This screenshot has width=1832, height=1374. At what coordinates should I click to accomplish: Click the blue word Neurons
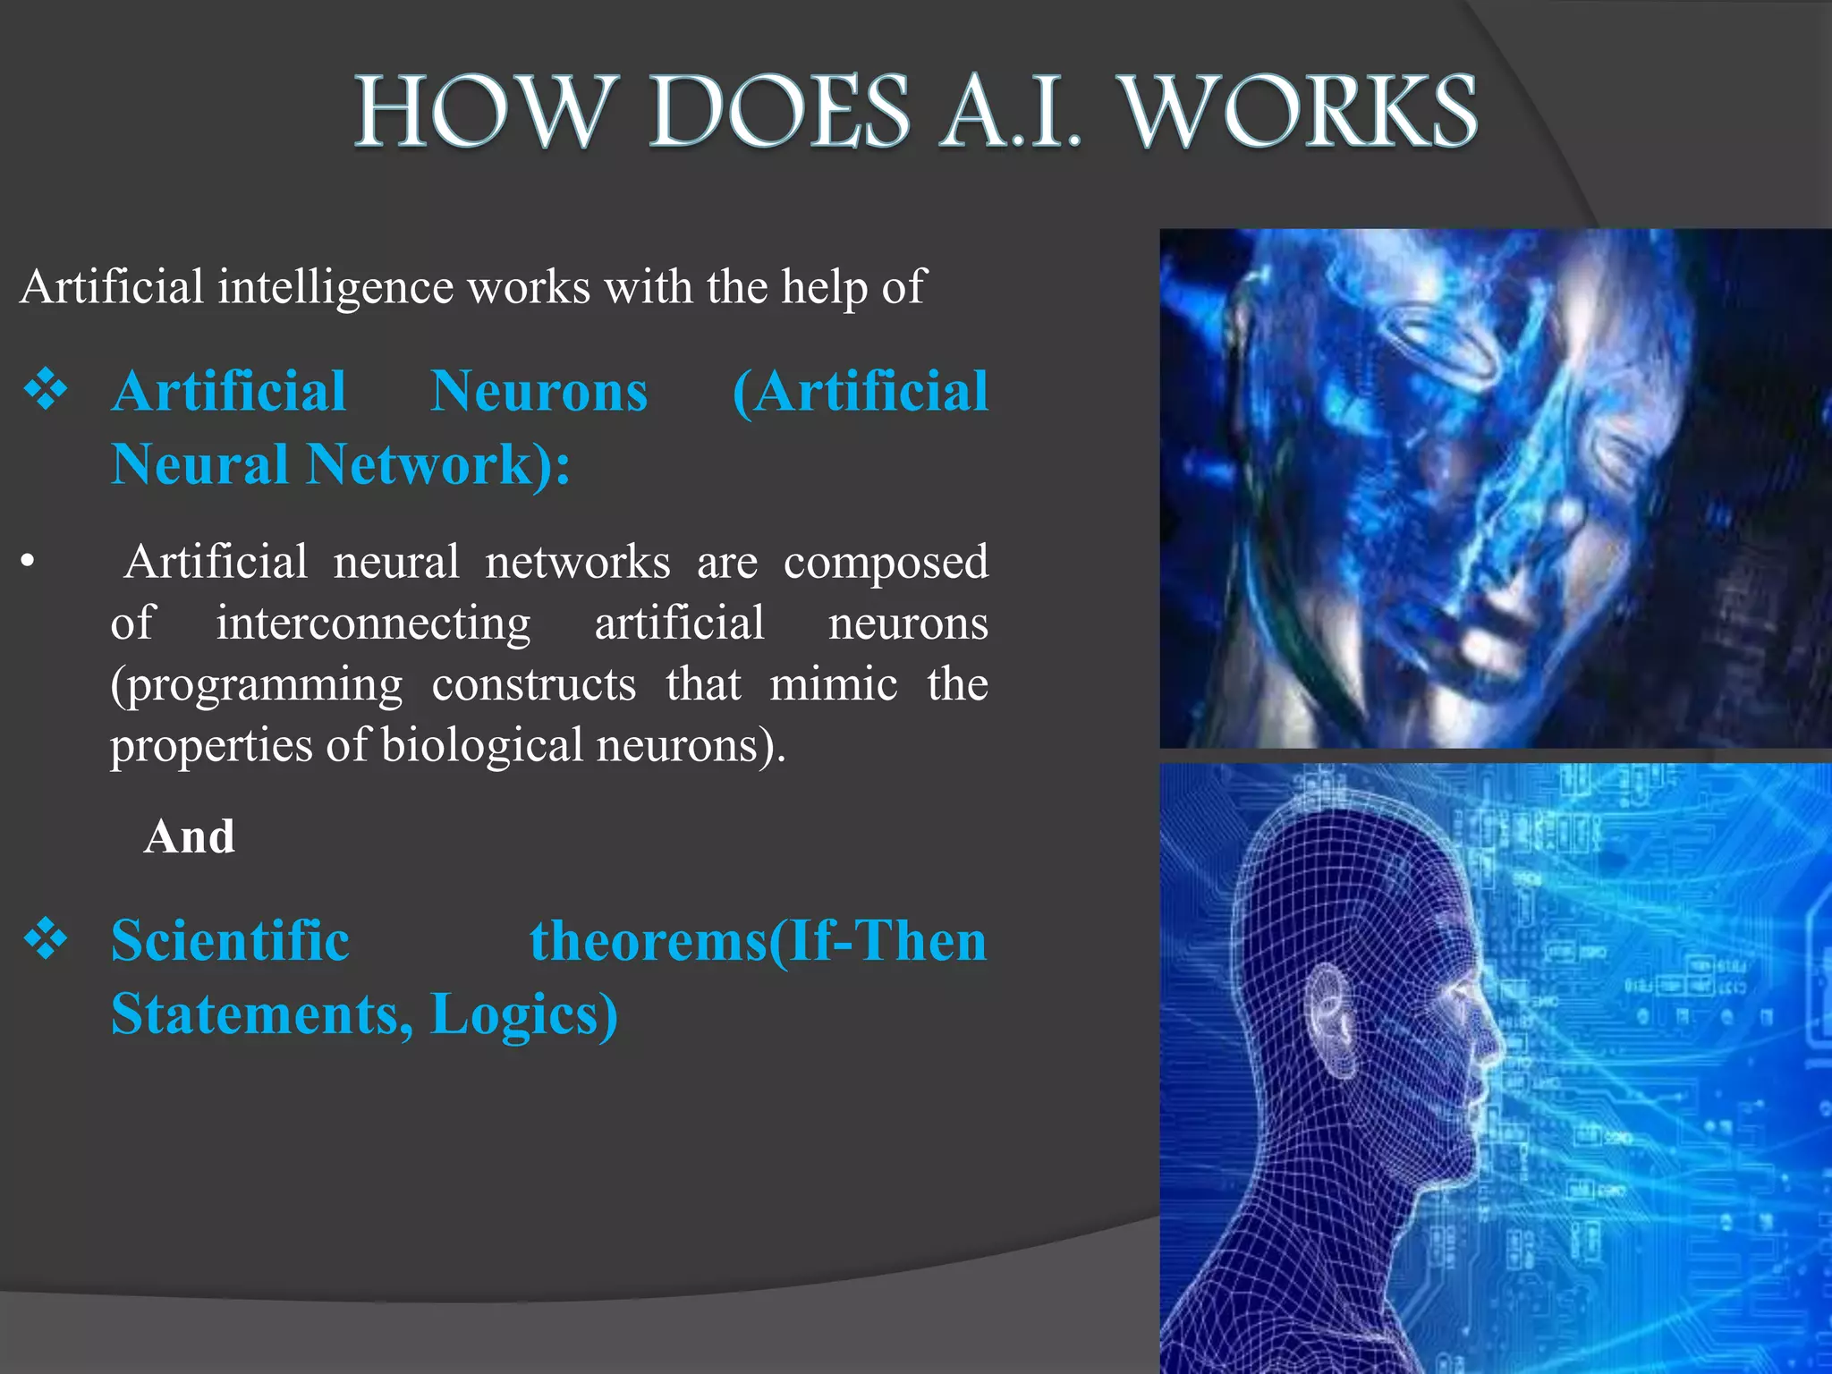[x=539, y=392]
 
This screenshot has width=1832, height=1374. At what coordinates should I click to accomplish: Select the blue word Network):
[x=438, y=464]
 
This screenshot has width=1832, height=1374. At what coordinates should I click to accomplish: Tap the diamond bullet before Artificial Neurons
[x=47, y=390]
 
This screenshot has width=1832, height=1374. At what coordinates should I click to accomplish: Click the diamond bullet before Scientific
[x=47, y=939]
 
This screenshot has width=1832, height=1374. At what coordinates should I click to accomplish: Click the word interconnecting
[x=373, y=623]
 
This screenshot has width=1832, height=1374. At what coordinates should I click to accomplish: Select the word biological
[x=482, y=745]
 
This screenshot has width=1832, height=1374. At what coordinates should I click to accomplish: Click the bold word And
[x=190, y=837]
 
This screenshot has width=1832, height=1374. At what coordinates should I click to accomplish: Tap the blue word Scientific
[x=230, y=941]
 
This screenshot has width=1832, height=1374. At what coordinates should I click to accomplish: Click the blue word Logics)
[x=524, y=1015]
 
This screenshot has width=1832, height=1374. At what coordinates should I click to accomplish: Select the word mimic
[x=834, y=685]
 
